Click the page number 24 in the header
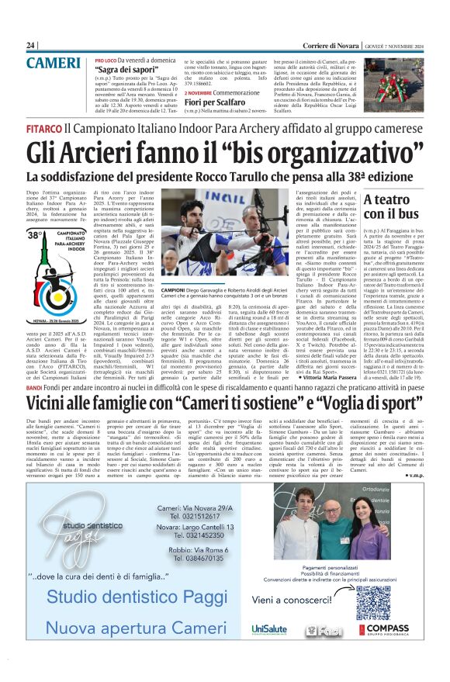(31, 45)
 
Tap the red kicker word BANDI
(34, 386)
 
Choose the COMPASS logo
(391, 629)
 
